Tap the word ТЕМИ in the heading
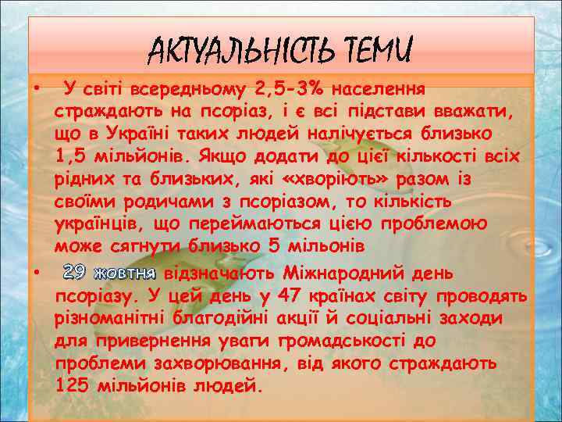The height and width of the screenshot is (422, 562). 375,52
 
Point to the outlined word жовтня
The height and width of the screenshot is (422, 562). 125,273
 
